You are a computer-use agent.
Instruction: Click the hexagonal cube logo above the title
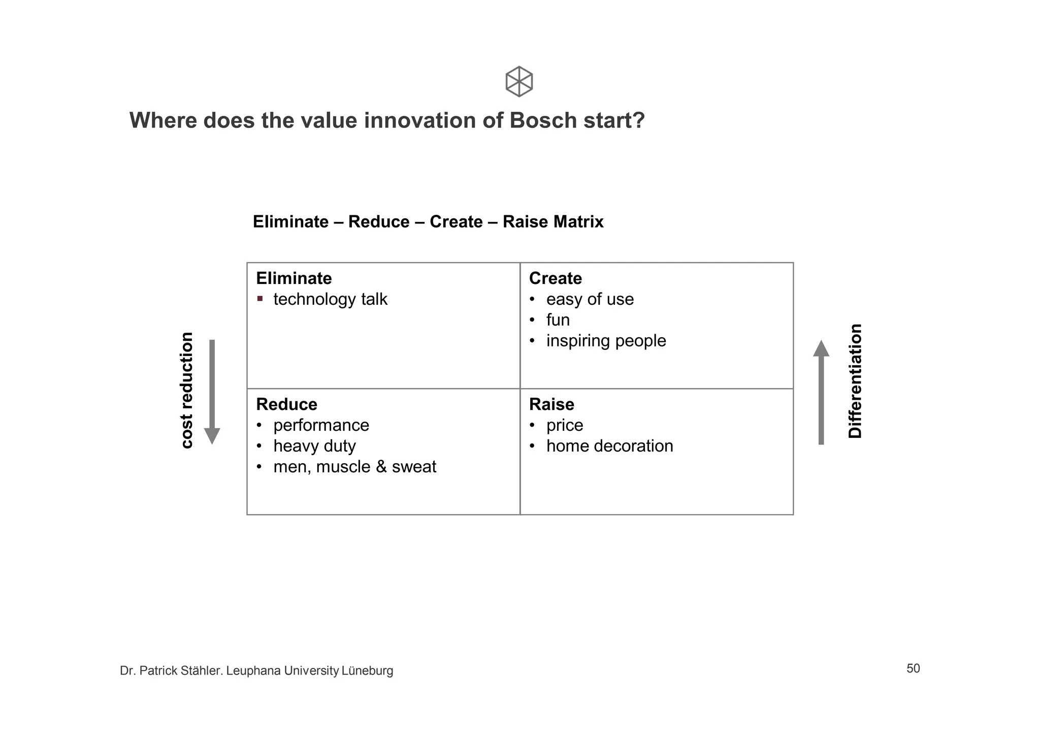tap(519, 81)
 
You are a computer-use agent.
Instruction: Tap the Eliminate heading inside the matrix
tap(294, 278)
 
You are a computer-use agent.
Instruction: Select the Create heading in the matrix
tap(555, 278)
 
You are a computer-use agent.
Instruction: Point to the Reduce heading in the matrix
tap(286, 404)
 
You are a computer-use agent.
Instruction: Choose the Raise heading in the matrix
tap(551, 404)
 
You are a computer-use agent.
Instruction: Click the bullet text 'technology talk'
tap(330, 299)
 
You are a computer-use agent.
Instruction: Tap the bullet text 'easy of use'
tap(590, 299)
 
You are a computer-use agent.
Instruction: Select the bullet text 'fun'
tap(558, 320)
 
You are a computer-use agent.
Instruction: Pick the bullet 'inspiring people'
tap(606, 341)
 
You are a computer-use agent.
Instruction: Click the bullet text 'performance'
tap(321, 425)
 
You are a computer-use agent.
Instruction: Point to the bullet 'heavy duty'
tap(314, 446)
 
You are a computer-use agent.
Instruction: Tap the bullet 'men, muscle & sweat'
tap(354, 467)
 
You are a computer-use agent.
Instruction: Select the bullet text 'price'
tap(565, 425)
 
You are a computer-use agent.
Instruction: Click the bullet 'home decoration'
tap(609, 446)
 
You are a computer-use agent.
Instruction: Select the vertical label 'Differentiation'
tap(855, 381)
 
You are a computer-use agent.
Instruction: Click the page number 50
tap(913, 668)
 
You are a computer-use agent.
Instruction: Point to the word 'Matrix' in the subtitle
tap(578, 222)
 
